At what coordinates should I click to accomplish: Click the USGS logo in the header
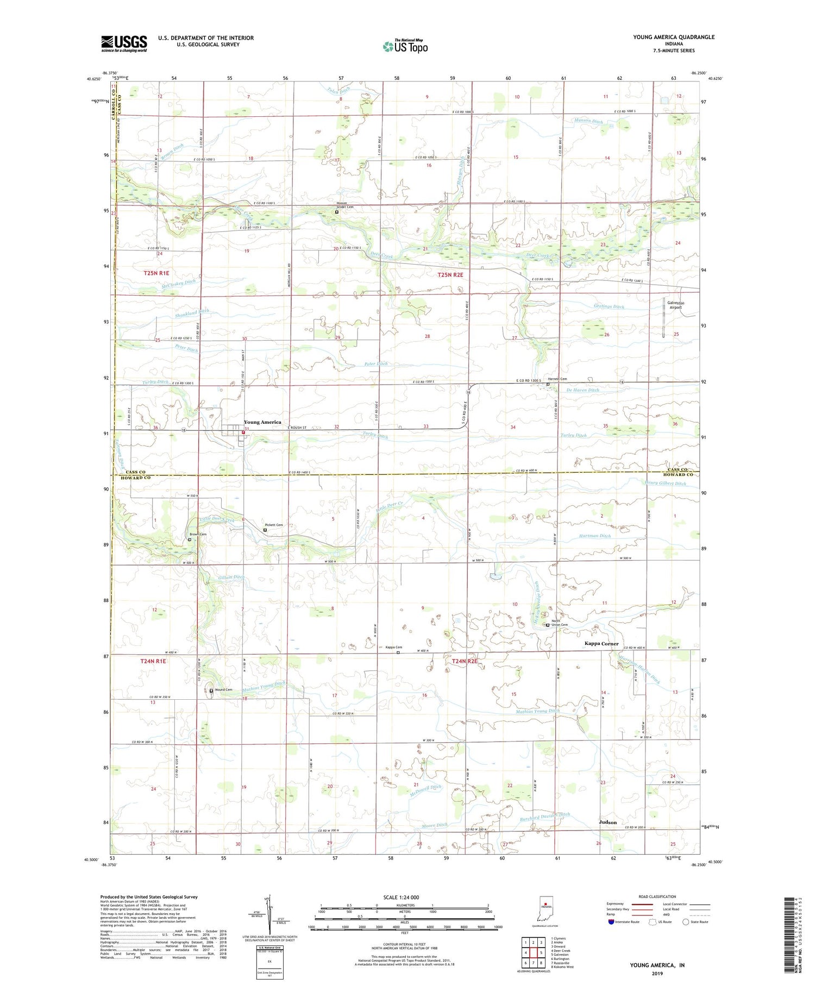coord(124,43)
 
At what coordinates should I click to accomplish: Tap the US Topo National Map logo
coord(405,46)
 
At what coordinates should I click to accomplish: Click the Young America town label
coord(262,422)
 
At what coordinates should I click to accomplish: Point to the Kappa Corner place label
coord(601,644)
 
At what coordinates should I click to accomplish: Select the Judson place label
coord(607,823)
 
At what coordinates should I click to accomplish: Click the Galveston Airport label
coord(675,305)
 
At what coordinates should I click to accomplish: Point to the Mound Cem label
coord(223,690)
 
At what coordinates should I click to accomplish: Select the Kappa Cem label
coord(394,648)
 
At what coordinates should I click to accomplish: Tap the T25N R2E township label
coord(450,275)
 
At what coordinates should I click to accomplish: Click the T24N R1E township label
coord(153,661)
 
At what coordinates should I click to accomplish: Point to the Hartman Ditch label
coord(595,536)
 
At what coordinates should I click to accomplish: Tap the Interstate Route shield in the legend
coord(611,922)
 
